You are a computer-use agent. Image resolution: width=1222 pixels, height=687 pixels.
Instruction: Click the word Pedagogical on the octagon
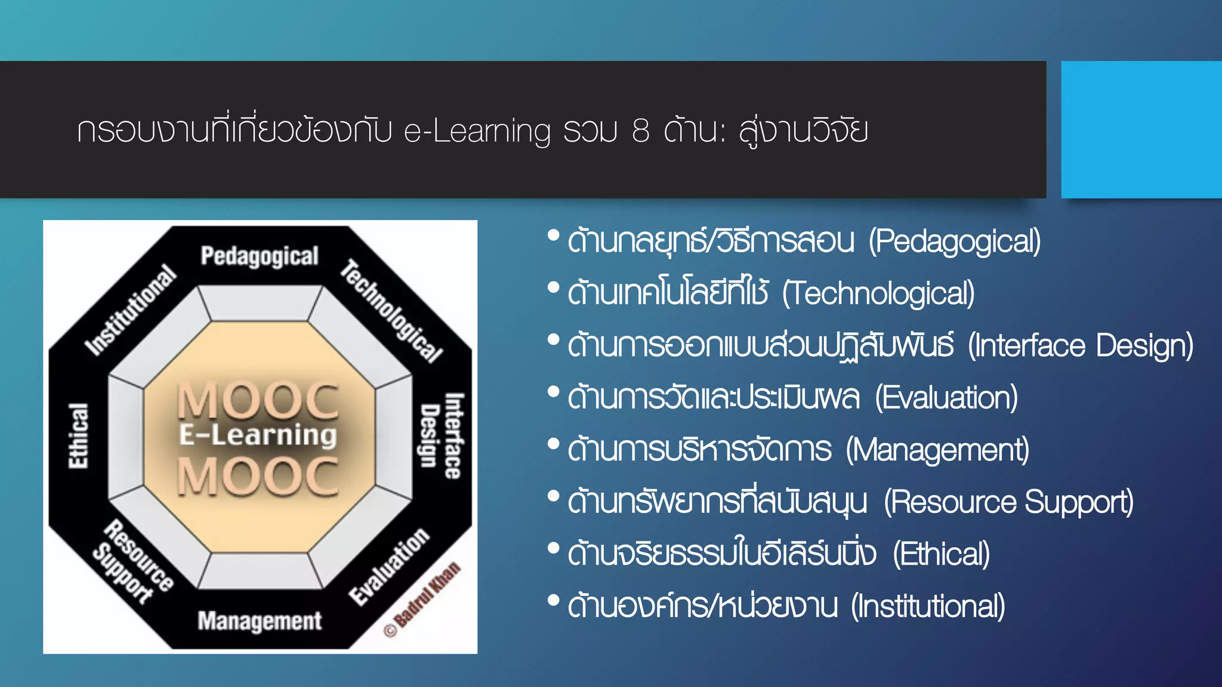click(260, 256)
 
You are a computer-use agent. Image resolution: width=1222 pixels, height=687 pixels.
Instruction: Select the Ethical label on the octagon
click(78, 436)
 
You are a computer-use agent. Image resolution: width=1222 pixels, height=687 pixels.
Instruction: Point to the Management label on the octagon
click(260, 621)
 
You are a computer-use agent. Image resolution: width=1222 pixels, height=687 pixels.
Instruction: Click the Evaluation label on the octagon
click(389, 566)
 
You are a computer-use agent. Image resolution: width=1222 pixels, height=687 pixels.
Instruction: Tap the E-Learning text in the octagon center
click(258, 435)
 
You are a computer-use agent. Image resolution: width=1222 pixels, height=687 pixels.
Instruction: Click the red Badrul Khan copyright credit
click(422, 599)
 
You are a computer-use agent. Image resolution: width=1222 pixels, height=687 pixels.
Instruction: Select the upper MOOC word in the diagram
click(258, 400)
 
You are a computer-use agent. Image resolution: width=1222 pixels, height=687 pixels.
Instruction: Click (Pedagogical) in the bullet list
click(954, 242)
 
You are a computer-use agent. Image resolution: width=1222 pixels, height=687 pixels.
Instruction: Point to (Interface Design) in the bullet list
click(1080, 346)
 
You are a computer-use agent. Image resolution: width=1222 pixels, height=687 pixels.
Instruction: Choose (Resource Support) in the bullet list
click(1008, 502)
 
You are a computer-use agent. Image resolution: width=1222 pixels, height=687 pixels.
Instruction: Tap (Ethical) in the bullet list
click(941, 554)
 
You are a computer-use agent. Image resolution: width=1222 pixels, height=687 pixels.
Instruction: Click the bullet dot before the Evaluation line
click(553, 392)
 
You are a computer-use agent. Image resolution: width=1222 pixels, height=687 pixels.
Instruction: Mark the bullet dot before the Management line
click(553, 444)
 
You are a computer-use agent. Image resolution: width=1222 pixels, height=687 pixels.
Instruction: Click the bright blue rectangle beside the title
click(1141, 129)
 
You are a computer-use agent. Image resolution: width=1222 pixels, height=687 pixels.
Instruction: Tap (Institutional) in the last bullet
click(928, 606)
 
